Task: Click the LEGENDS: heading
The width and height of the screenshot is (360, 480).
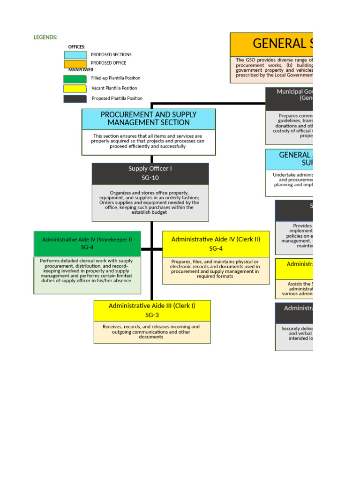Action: (x=45, y=37)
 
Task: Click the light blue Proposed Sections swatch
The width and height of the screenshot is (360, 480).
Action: (x=75, y=55)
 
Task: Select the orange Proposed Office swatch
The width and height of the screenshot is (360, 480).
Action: (x=75, y=63)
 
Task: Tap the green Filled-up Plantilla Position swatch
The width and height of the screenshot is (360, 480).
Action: (x=75, y=79)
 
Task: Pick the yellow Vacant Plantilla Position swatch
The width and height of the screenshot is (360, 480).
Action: (x=75, y=89)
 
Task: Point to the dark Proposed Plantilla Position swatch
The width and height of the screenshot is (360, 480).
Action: (x=75, y=99)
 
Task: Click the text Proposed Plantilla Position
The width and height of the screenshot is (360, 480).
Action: (x=117, y=99)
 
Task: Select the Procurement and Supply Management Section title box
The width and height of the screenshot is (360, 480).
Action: (x=149, y=119)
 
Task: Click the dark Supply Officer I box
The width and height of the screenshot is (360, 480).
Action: (x=150, y=173)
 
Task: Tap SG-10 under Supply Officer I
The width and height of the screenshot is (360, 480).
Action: (x=150, y=178)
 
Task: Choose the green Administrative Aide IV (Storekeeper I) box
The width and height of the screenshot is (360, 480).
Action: (x=87, y=243)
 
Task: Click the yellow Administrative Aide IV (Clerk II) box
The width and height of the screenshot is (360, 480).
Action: (x=216, y=243)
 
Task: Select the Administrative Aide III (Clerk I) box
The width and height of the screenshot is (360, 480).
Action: (x=152, y=310)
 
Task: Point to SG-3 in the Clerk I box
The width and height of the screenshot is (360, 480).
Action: (x=152, y=315)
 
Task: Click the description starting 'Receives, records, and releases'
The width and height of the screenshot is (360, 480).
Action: (x=152, y=332)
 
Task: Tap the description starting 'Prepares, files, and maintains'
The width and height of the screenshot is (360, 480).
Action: (x=216, y=269)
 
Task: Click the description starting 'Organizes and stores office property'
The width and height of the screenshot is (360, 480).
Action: (x=150, y=202)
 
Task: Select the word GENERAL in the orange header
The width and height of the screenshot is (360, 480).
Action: (x=272, y=44)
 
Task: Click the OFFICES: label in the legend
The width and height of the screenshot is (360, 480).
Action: (x=77, y=47)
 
